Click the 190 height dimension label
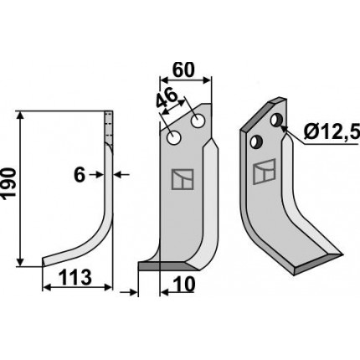tap(8, 183)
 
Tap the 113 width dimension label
tap(75, 278)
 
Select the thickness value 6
tap(80, 175)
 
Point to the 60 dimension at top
tap(183, 69)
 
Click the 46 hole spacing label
tap(167, 98)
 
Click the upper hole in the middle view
tap(198, 121)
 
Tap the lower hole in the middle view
tap(174, 138)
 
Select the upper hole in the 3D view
tap(276, 120)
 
